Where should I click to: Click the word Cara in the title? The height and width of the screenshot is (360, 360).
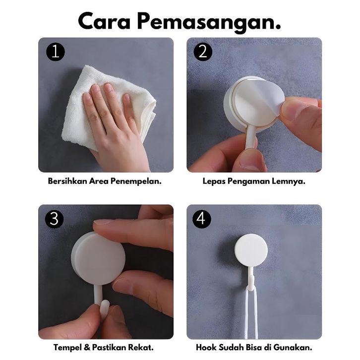pyautogui.click(x=104, y=22)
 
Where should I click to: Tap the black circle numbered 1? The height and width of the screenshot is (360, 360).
pyautogui.click(x=56, y=52)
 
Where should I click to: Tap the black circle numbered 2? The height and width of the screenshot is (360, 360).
pyautogui.click(x=203, y=52)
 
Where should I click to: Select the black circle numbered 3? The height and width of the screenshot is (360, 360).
pyautogui.click(x=54, y=219)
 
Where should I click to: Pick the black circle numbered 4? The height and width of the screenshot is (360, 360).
pyautogui.click(x=202, y=219)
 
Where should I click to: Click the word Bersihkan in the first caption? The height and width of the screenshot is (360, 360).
pyautogui.click(x=67, y=181)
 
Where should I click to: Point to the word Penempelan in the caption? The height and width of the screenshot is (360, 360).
pyautogui.click(x=136, y=181)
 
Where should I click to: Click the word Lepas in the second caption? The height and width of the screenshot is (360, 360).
pyautogui.click(x=214, y=181)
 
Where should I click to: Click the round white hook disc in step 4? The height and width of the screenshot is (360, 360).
pyautogui.click(x=251, y=250)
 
